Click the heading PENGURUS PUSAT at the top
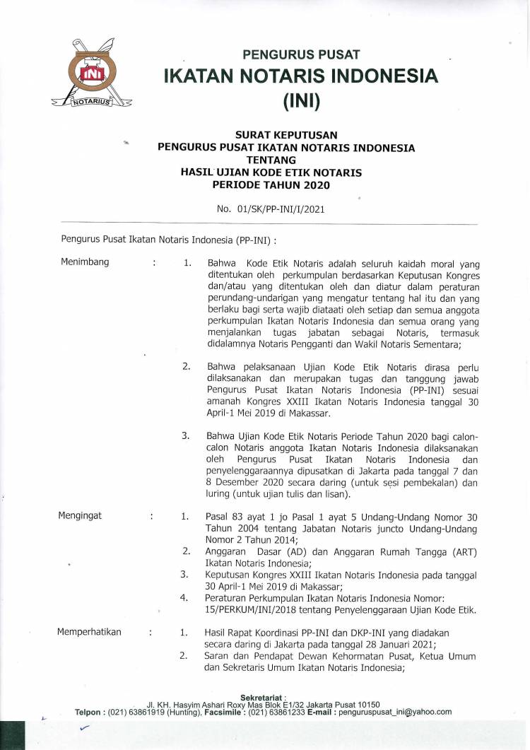(302, 54)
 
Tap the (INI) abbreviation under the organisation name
(302, 102)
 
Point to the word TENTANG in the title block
(286, 160)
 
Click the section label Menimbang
(84, 262)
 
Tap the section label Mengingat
(80, 515)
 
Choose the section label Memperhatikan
(90, 633)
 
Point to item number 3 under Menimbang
(186, 436)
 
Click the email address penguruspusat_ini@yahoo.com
(406, 712)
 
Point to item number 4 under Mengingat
(184, 598)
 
